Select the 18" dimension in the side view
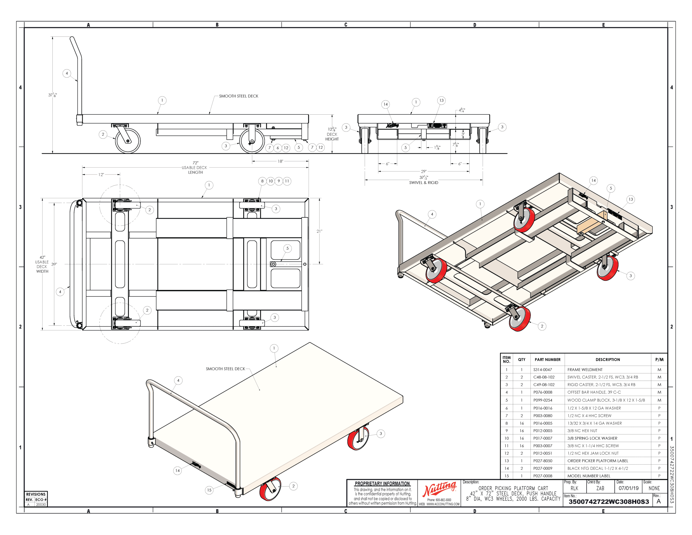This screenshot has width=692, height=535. pyautogui.click(x=280, y=161)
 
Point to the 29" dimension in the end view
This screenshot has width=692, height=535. pyautogui.click(x=424, y=171)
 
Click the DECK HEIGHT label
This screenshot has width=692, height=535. pyautogui.click(x=332, y=137)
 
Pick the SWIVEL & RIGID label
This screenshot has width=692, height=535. pyautogui.click(x=424, y=183)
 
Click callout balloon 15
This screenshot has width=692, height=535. pyautogui.click(x=209, y=490)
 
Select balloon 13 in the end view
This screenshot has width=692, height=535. pyautogui.click(x=441, y=100)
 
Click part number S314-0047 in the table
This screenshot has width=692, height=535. pyautogui.click(x=543, y=369)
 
